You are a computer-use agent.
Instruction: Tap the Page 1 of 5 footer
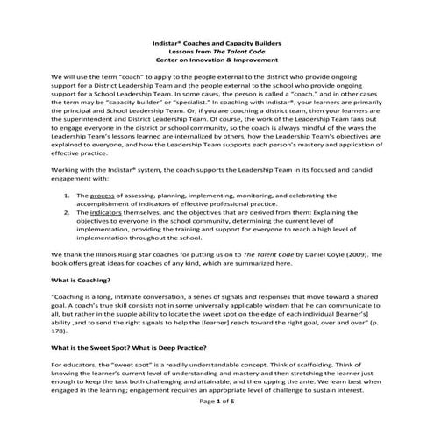click(216, 423)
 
